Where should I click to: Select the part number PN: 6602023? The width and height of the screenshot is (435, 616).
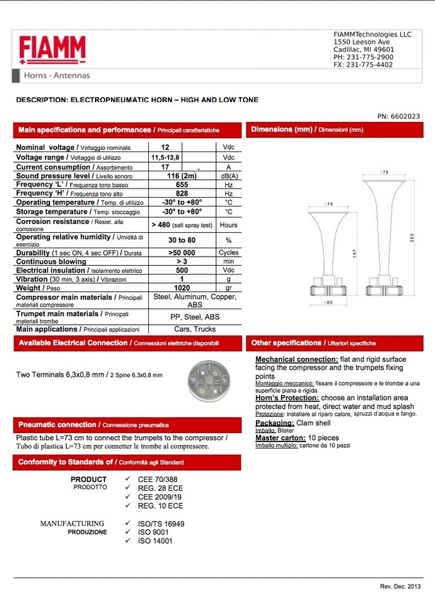(398, 116)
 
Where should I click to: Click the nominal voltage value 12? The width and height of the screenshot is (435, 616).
(165, 147)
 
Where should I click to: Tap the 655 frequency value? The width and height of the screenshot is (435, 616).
(182, 185)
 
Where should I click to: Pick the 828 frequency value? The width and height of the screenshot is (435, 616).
(182, 193)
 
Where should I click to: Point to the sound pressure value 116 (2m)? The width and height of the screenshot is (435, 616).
(182, 176)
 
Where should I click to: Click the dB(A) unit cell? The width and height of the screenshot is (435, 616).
(229, 176)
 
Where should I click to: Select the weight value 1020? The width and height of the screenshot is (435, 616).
(182, 288)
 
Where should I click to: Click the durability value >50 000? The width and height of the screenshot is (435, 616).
(182, 253)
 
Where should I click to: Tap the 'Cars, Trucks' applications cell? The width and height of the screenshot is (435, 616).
(195, 329)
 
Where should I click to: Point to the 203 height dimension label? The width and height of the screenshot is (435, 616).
(411, 237)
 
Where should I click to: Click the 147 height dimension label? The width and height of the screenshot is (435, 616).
(354, 253)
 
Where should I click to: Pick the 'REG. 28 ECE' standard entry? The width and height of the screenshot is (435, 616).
(160, 488)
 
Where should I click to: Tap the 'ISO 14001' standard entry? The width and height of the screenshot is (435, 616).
(155, 541)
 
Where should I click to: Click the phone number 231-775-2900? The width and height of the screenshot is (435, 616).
(370, 57)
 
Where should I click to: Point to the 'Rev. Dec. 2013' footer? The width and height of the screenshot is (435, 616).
(400, 586)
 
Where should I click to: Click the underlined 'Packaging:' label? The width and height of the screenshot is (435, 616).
(275, 423)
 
